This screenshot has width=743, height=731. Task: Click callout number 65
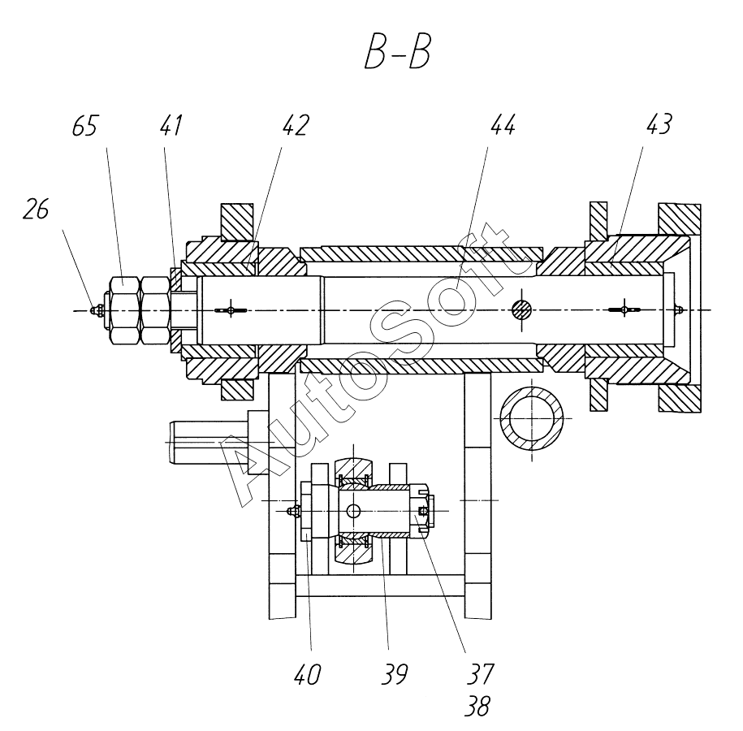coord(85,126)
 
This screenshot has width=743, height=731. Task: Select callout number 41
coord(171,125)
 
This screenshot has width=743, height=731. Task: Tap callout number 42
coord(296,125)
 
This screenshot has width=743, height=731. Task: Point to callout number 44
coord(503,125)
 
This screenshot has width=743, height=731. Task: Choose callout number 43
coord(659,124)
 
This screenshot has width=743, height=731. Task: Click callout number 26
coord(36,209)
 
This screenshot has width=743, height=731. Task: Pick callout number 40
coord(308,674)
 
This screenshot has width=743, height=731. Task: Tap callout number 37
coord(480,674)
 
